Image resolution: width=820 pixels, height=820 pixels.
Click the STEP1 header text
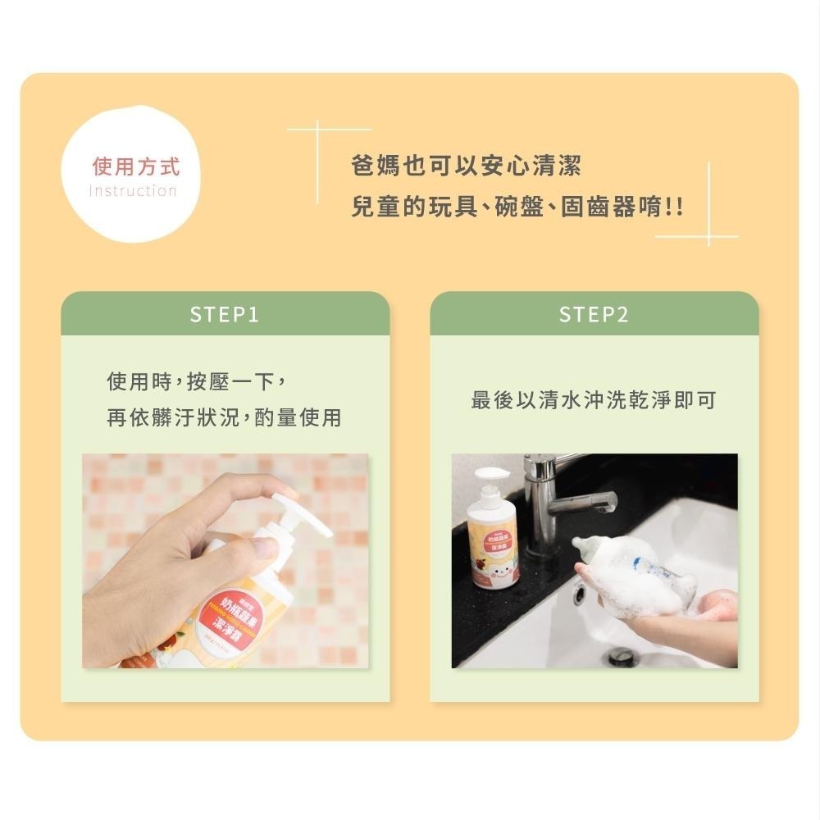tap(224, 315)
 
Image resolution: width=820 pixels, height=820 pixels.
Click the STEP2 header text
tap(594, 315)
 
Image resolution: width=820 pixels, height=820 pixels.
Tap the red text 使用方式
tap(135, 168)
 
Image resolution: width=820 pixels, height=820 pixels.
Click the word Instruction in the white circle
tap(132, 191)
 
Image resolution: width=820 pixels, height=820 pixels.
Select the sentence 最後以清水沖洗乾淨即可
tap(594, 400)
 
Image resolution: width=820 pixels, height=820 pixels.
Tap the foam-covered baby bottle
tap(631, 574)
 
